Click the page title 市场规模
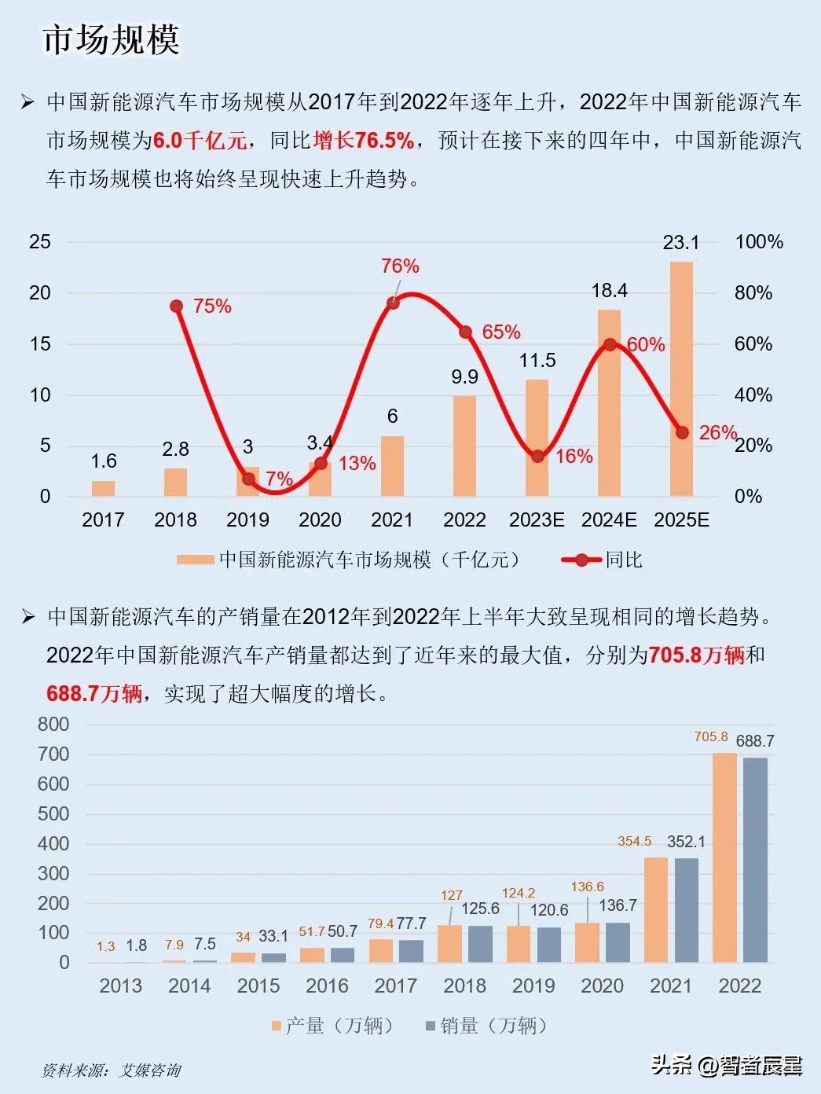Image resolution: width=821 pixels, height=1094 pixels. point(111,39)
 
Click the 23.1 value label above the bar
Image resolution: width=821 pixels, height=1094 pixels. point(680,242)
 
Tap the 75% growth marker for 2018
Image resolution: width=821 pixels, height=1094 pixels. point(176,307)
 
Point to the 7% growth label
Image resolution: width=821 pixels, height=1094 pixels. point(279,479)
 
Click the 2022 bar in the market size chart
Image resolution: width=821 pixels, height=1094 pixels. point(464,446)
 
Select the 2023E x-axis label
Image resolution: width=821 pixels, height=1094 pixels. point(537,520)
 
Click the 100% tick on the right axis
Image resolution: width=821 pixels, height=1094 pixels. point(758,242)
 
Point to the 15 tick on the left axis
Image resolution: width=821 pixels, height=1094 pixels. point(40,344)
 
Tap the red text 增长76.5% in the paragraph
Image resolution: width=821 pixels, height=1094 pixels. point(363,141)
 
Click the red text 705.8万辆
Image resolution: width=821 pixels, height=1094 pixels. point(697,655)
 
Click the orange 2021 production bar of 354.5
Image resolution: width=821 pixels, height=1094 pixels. point(656,909)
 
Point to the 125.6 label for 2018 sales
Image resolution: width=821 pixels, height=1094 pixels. point(480,909)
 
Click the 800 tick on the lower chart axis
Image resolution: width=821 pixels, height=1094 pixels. point(53,725)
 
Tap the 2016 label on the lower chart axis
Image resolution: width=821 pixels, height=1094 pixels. point(327,986)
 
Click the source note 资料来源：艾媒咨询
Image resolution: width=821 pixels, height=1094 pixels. point(112,1070)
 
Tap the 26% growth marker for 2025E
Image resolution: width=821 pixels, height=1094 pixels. point(682,433)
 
